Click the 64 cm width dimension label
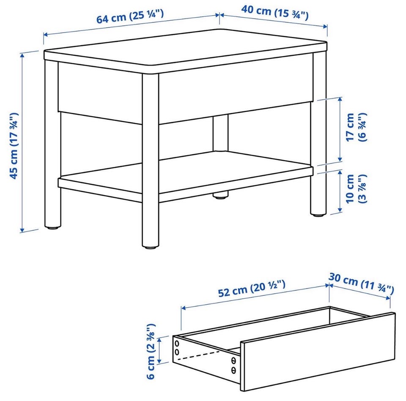(130, 16)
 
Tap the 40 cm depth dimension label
(275, 12)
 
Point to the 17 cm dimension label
(356, 127)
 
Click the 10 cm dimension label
(356, 189)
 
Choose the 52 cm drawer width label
(252, 289)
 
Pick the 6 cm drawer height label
(151, 351)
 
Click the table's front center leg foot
(150, 247)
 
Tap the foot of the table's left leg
(53, 228)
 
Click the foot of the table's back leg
(220, 197)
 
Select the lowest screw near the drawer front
(233, 371)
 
